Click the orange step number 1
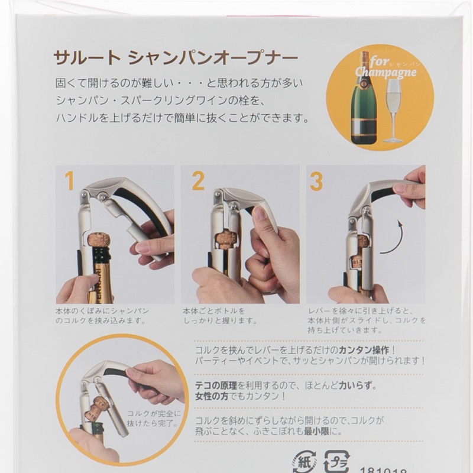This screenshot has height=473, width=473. (x=69, y=181)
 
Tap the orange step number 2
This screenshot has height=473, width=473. (x=198, y=181)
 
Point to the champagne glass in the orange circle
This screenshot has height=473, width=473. (x=393, y=111)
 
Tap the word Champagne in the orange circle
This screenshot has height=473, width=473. (x=385, y=73)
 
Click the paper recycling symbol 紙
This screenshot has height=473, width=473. (x=304, y=462)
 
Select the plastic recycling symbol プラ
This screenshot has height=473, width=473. (x=336, y=462)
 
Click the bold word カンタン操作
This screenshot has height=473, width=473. (x=364, y=350)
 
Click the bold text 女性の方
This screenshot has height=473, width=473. (x=212, y=396)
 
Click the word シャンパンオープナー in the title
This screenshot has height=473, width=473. (x=213, y=57)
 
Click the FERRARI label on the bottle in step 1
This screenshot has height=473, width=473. (x=99, y=284)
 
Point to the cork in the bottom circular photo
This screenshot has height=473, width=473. (x=96, y=408)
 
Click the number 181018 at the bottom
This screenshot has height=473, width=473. (x=383, y=471)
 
